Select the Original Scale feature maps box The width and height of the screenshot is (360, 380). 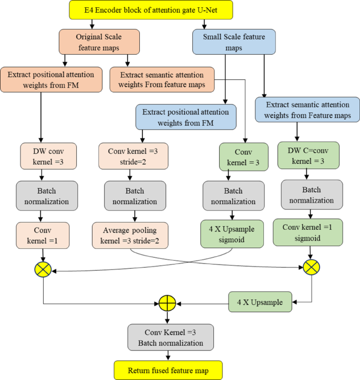(x=100, y=41)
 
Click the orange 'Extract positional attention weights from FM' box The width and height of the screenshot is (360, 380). (x=51, y=80)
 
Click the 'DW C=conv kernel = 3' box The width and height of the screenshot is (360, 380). (x=307, y=155)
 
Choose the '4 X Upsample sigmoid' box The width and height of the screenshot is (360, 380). (x=233, y=234)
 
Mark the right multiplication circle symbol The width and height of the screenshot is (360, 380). (x=311, y=267)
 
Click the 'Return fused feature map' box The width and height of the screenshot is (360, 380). (x=168, y=371)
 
